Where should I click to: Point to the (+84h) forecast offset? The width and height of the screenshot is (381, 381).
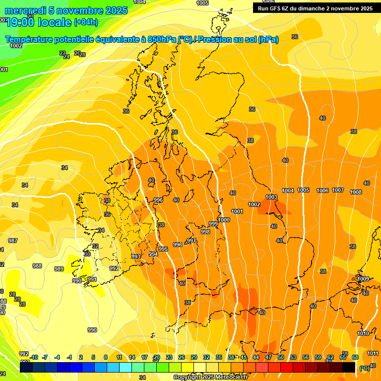click(x=86, y=22)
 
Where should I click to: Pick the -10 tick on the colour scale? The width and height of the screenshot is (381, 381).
click(x=34, y=357)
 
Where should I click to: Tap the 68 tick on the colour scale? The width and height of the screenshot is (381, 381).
click(x=355, y=357)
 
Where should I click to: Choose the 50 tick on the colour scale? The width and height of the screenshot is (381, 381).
click(x=281, y=357)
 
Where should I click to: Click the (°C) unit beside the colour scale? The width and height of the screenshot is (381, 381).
click(x=364, y=368)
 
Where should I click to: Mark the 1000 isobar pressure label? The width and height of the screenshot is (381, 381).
click(x=224, y=220)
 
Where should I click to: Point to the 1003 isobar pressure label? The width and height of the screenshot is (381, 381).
click(x=271, y=197)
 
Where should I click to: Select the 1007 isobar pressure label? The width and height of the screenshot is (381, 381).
click(x=338, y=190)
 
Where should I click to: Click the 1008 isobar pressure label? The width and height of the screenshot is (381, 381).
click(x=356, y=192)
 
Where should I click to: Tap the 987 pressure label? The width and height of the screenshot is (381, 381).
click(x=13, y=241)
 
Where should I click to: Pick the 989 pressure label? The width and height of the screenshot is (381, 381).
click(x=59, y=269)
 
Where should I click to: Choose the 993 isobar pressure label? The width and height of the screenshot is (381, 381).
click(x=136, y=256)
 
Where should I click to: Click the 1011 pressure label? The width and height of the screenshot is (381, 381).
click(x=373, y=353)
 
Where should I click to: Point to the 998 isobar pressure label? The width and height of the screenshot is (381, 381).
click(x=205, y=232)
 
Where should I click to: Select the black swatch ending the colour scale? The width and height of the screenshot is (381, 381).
click(x=349, y=368)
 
